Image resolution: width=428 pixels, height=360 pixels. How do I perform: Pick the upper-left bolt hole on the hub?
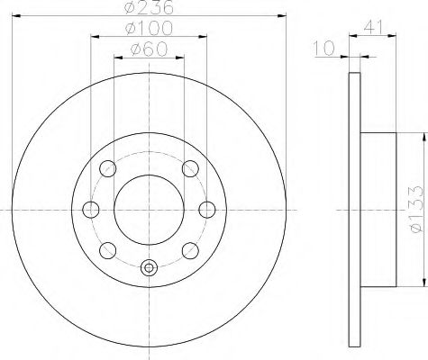[x=108, y=168]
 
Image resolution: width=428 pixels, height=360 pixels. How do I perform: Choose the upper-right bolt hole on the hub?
[x=190, y=168]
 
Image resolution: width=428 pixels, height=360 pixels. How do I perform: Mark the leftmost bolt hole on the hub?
[x=90, y=210]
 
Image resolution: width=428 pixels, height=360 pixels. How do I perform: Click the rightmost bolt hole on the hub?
[x=207, y=210]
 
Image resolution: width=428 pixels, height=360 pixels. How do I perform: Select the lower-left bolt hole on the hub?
[x=108, y=250]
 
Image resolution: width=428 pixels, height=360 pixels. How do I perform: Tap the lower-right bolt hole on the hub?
[x=190, y=250]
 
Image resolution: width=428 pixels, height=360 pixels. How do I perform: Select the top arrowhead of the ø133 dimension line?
[x=421, y=139]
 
